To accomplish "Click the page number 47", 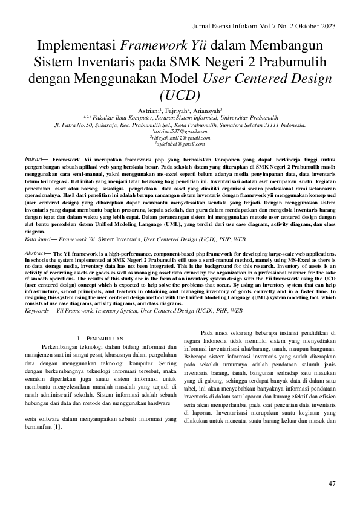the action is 332,483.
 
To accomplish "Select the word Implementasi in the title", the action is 76,47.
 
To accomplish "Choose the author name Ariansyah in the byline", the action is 208,111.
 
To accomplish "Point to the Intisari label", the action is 34,158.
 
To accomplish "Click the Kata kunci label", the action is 38,240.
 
